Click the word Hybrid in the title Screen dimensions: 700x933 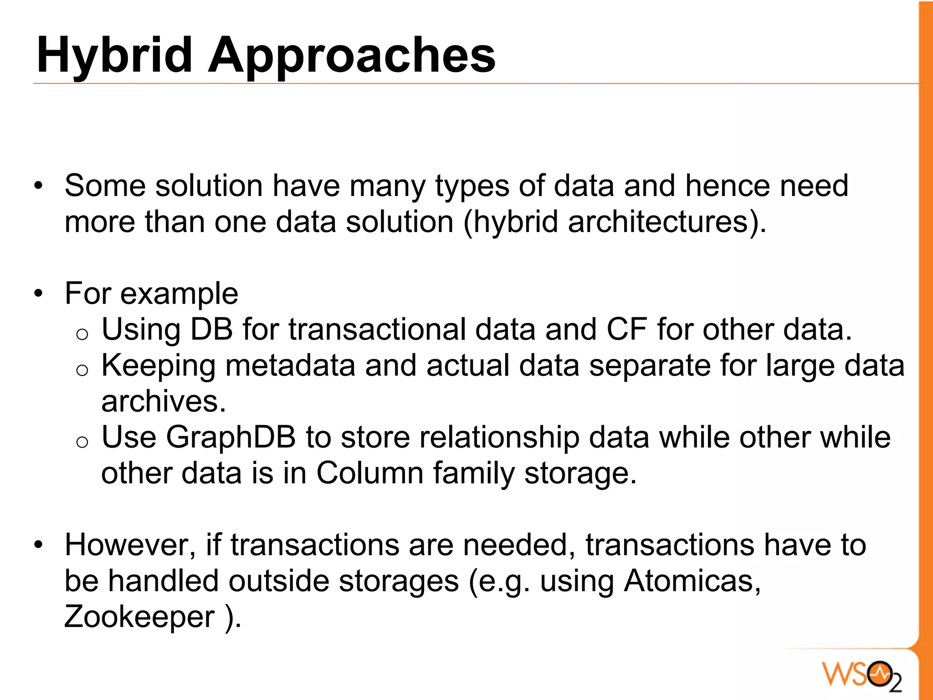point(114,56)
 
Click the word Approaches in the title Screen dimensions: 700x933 point(351,56)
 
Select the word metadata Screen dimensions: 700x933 point(290,365)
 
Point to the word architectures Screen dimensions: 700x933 point(658,222)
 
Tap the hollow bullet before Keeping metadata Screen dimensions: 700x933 point(82,371)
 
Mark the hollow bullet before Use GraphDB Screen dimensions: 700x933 point(82,443)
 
